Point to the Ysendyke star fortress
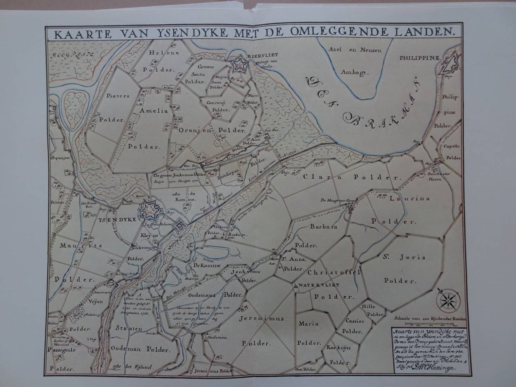tap(149, 211)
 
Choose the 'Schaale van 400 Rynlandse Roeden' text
tap(423, 317)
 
